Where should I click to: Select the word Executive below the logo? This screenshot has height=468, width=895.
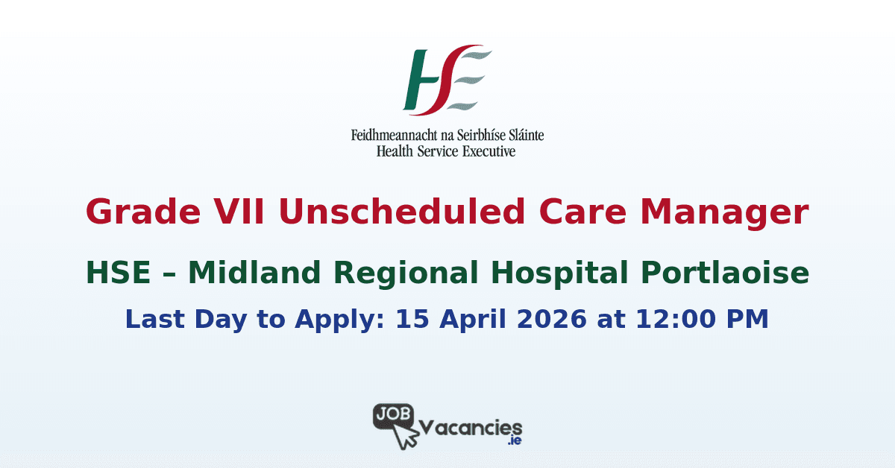coord(487,151)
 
